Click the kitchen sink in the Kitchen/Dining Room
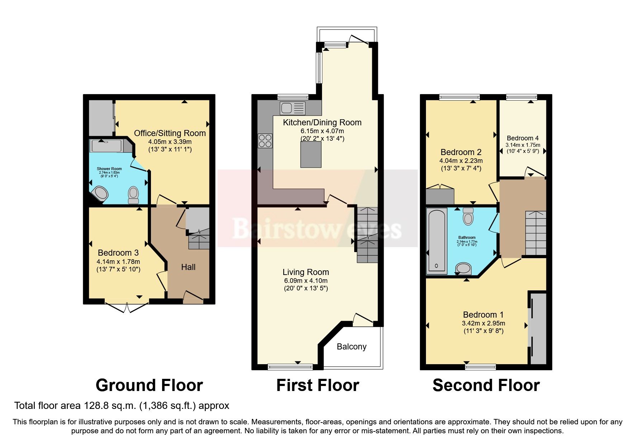(293, 108)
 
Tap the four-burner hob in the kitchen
(265, 140)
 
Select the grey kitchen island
(311, 154)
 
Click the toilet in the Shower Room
(133, 194)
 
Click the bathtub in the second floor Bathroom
(436, 241)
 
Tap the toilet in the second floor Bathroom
(468, 216)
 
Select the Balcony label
(351, 347)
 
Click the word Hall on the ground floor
(188, 267)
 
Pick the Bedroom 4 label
(522, 138)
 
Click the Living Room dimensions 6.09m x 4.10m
(305, 281)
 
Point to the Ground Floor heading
(149, 385)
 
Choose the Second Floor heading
(486, 385)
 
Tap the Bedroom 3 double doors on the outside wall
(127, 307)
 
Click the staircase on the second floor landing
(536, 233)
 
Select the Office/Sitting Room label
(170, 133)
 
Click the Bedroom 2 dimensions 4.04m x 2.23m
(461, 161)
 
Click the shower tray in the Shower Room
(106, 146)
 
